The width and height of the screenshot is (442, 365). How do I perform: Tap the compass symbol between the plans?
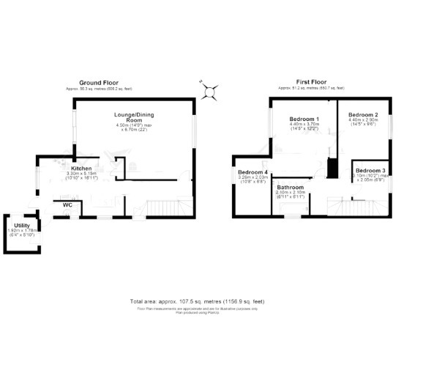click(211, 90)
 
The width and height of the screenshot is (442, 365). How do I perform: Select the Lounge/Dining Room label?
click(132, 118)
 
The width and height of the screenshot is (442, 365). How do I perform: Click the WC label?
click(67, 204)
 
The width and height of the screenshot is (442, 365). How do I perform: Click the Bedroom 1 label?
click(304, 119)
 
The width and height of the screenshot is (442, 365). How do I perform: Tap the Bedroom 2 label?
click(363, 115)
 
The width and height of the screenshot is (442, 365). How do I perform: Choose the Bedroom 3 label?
click(370, 170)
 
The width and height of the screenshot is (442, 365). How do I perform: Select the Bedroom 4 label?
click(252, 172)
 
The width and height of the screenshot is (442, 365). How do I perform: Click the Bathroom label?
click(290, 188)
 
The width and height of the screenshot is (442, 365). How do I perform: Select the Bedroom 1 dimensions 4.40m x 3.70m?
click(304, 126)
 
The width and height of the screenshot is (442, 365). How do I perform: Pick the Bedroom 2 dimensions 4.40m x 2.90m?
click(363, 122)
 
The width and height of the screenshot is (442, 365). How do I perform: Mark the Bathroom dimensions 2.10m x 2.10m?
click(290, 194)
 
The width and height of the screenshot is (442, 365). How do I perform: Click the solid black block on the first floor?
click(331, 168)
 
